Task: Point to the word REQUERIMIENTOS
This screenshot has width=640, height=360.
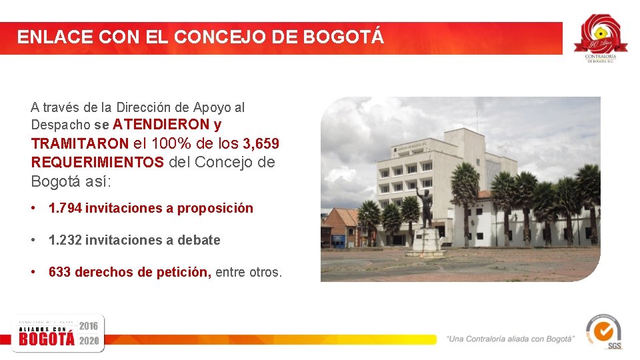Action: tap(97, 162)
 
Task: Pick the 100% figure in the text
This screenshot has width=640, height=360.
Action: tap(173, 143)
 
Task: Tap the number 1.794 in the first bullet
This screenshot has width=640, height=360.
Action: tap(65, 208)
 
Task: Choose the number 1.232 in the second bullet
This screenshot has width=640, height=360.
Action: tap(65, 240)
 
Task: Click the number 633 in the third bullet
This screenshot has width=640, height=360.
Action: tap(60, 272)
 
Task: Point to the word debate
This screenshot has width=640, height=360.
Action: tap(199, 240)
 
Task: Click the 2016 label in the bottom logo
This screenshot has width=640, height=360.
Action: tap(89, 325)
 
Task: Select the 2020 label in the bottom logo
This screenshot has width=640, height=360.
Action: tap(89, 340)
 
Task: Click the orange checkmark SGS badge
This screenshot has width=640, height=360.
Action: tap(603, 331)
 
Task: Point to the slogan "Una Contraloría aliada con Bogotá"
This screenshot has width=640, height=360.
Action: tap(511, 339)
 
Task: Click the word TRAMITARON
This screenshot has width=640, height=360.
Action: tap(79, 143)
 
